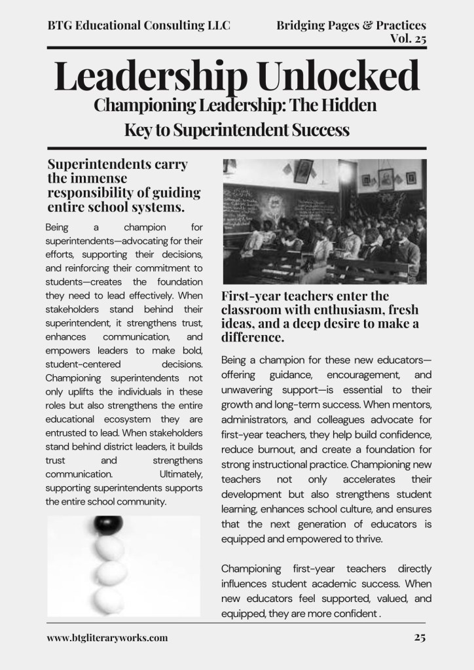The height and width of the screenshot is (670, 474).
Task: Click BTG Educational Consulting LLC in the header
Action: [x=139, y=26]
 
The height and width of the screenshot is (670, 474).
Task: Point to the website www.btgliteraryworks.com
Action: [x=107, y=637]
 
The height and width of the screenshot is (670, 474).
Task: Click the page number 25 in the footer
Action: [x=420, y=637]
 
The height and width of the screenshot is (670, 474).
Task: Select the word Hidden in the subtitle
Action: [x=345, y=105]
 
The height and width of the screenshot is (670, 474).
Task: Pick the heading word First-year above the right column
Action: [x=251, y=296]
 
